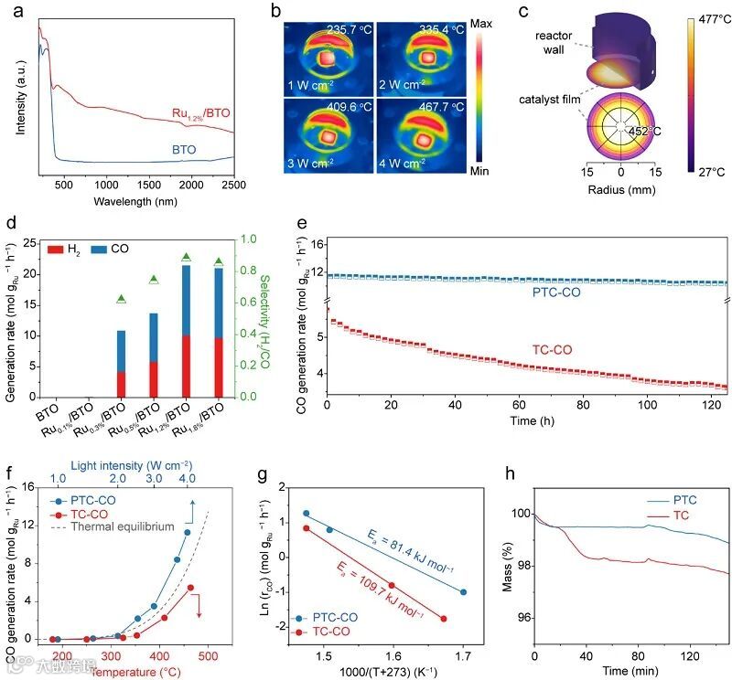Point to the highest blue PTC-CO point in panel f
click(x=187, y=532)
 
